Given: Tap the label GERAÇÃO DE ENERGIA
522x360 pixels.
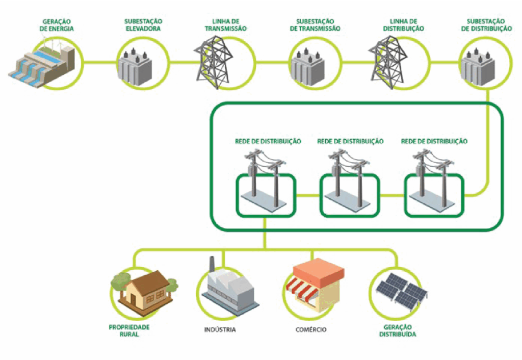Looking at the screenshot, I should (x=58, y=25).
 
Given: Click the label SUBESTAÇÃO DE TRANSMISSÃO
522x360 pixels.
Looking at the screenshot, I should (x=315, y=25).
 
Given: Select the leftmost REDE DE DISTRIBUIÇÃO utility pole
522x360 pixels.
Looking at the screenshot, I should (x=265, y=178).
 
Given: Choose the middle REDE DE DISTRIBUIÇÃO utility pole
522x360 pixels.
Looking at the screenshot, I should (x=349, y=178).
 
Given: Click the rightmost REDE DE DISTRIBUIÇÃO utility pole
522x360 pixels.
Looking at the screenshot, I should (x=433, y=178).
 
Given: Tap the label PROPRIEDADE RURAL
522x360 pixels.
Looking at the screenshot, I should (x=129, y=330).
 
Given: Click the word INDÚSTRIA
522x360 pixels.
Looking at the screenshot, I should (x=220, y=329).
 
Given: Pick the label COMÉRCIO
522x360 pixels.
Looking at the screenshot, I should (x=311, y=329).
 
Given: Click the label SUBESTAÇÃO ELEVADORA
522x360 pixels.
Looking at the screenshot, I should (x=143, y=25).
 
